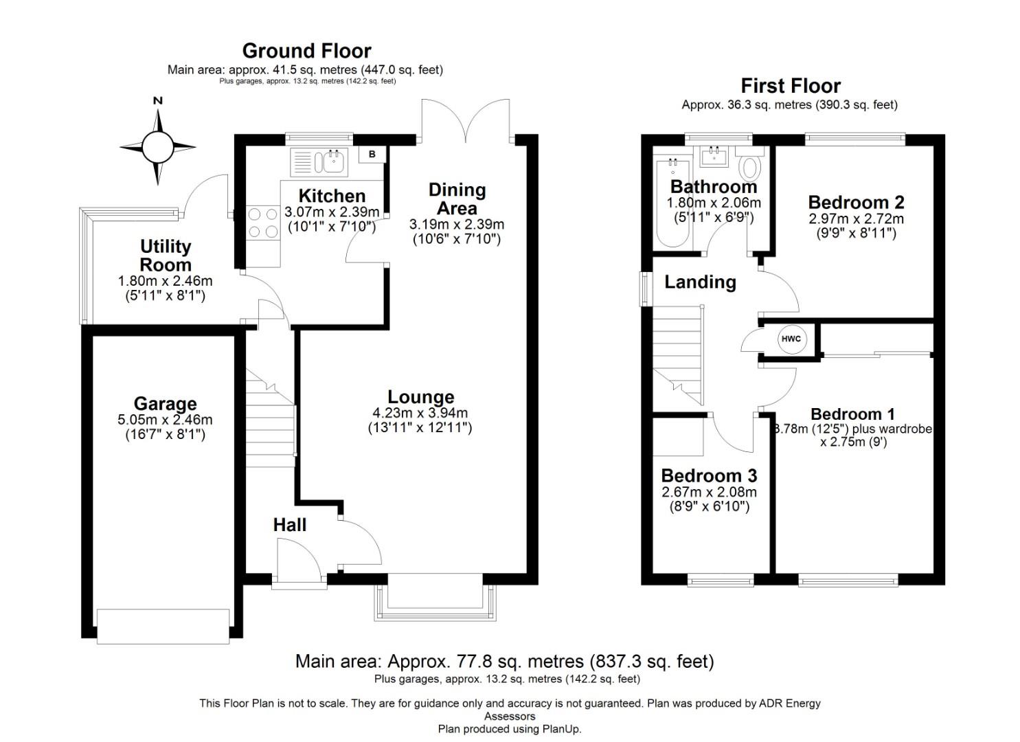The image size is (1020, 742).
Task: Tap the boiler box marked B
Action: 372,155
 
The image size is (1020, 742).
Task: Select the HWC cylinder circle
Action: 791,339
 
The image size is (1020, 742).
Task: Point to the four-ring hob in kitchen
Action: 262,223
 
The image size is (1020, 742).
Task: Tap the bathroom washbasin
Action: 715,156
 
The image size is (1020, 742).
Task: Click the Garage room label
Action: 165,404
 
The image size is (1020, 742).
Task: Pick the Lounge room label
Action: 420,397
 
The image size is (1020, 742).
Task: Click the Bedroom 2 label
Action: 856,203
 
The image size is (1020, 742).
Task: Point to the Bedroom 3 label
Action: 709,475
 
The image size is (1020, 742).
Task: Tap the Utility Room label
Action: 166,256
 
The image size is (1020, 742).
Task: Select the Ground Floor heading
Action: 306,51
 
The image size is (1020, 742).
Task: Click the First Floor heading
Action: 791,86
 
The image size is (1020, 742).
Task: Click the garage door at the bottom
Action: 163,626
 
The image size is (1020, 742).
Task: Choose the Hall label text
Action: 289,525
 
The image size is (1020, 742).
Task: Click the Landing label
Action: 700,282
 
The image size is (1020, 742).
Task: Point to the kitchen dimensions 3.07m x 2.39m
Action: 332,212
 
